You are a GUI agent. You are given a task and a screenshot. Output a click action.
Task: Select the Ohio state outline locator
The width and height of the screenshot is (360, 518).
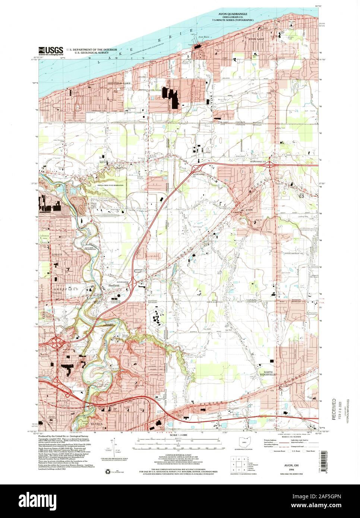tap(244, 443)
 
